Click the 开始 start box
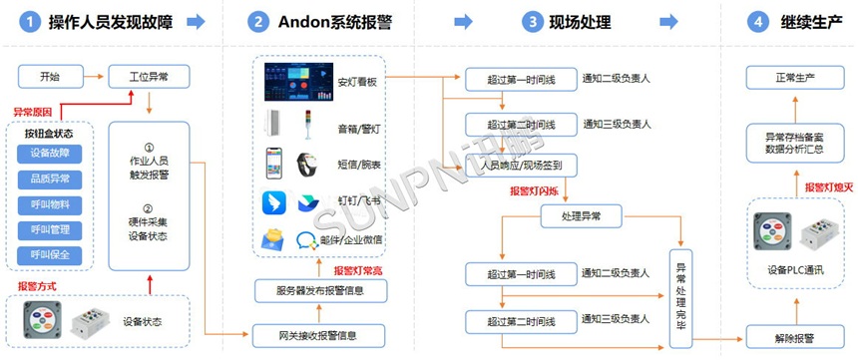tap(49, 76)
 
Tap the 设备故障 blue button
tap(50, 153)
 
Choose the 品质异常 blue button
tap(50, 179)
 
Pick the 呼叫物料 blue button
tap(50, 204)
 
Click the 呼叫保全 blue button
tap(50, 254)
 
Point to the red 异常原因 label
tap(34, 112)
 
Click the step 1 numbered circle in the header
tap(31, 21)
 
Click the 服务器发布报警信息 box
tap(319, 291)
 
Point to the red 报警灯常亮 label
tap(357, 269)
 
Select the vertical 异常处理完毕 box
tap(682, 295)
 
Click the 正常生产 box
tap(795, 76)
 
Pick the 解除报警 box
tap(795, 336)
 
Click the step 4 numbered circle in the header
tap(760, 21)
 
